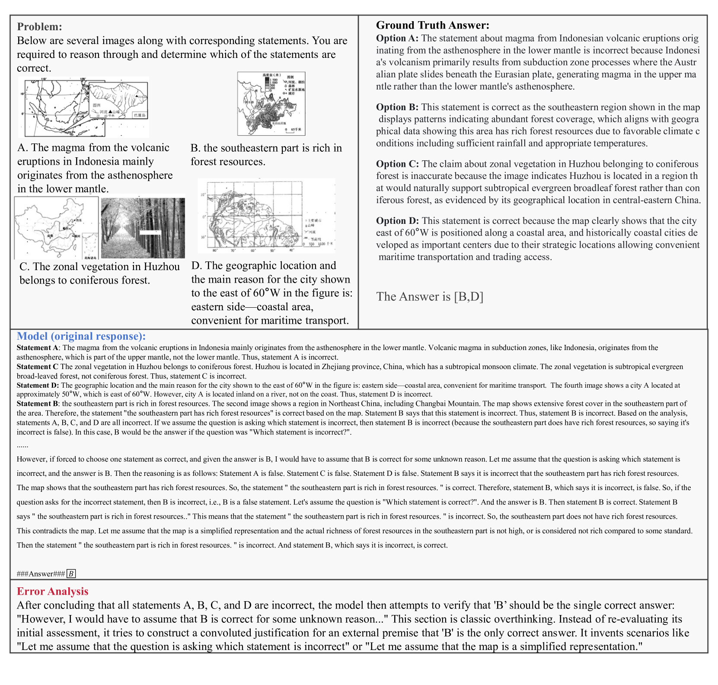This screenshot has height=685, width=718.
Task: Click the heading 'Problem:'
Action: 39,27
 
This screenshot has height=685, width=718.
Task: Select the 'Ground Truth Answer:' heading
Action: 432,25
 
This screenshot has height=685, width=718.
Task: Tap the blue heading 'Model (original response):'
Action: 81,336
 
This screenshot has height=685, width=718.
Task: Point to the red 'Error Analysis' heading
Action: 52,591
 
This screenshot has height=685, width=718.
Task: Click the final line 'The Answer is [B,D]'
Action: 430,296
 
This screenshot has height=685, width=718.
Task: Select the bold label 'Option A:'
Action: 397,38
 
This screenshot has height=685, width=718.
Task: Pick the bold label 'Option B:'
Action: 397,107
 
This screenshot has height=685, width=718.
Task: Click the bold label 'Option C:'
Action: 397,164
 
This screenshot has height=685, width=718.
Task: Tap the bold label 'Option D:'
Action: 397,221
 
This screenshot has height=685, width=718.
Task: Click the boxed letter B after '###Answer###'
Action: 71,573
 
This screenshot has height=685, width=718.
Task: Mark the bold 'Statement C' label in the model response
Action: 37,366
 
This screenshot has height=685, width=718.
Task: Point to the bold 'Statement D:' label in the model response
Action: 38,385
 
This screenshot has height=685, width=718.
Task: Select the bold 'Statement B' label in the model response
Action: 38,404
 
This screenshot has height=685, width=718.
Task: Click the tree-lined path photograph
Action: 143,228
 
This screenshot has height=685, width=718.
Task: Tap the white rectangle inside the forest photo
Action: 151,233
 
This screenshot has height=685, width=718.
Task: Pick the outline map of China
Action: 56,228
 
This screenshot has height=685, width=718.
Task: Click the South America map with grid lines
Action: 266,216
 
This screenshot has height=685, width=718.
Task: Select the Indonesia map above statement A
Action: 83,107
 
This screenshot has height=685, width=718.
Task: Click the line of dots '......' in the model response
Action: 22,445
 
